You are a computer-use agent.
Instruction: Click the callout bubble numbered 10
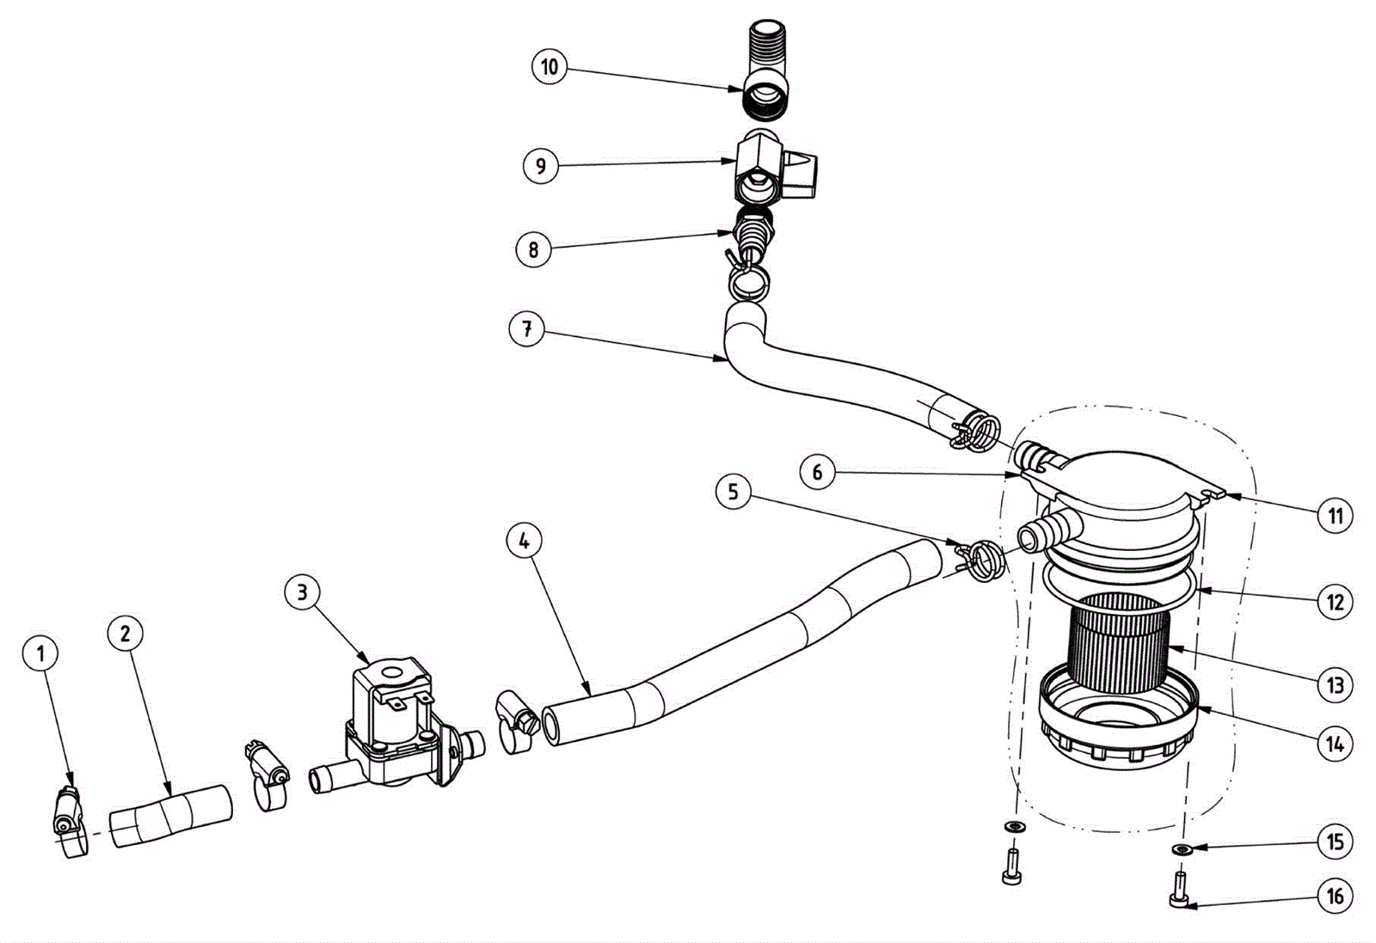(x=550, y=66)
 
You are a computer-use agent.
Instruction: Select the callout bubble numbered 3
(x=302, y=592)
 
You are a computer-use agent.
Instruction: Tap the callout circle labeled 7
(x=526, y=328)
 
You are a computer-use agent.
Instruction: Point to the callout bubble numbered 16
(x=1335, y=897)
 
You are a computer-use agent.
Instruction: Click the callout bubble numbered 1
(x=40, y=653)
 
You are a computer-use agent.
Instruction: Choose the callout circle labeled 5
(x=733, y=492)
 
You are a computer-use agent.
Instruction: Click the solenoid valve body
(x=391, y=722)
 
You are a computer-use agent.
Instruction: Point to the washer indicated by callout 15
(x=1182, y=849)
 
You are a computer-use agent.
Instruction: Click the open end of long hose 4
(x=555, y=724)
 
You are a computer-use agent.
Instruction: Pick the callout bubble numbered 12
(x=1335, y=601)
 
